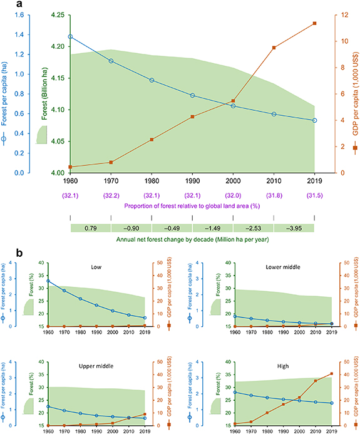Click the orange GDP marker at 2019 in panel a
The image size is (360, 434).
(314, 24)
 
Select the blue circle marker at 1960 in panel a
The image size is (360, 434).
(70, 37)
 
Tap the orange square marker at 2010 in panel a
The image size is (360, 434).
(274, 48)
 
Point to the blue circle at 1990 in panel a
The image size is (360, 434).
(192, 95)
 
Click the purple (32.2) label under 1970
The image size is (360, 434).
(111, 195)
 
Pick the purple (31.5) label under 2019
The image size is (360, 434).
(314, 195)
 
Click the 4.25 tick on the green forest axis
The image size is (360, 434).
(56, 14)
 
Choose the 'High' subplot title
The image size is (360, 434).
(275, 365)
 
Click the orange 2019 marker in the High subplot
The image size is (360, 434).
(331, 374)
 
